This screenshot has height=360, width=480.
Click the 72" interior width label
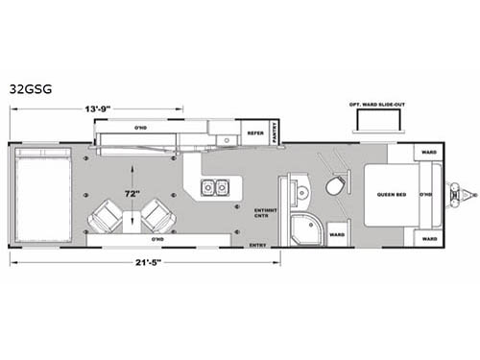pyautogui.click(x=132, y=193)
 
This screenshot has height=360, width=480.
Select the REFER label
pyautogui.click(x=254, y=134)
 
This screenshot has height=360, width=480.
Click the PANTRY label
pyautogui.click(x=275, y=135)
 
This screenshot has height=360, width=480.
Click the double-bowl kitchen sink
pyautogui.click(x=214, y=186)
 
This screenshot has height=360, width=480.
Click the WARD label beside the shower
pyautogui.click(x=336, y=232)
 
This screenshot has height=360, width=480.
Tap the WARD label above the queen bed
pyautogui.click(x=426, y=151)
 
